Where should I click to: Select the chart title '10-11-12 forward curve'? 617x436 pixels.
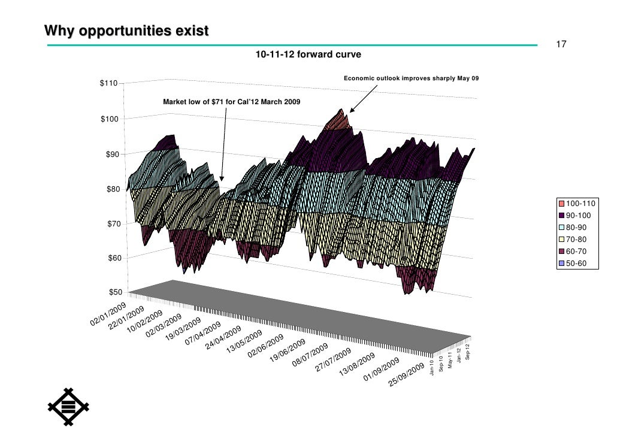pyautogui.click(x=308, y=54)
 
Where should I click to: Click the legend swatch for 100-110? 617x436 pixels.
pyautogui.click(x=562, y=204)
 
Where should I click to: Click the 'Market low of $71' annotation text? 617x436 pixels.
pyautogui.click(x=232, y=102)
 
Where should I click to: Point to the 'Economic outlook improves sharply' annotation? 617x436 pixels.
pyautogui.click(x=411, y=78)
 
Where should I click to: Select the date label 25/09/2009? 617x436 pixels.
pyautogui.click(x=407, y=374)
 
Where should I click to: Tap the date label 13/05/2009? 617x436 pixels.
pyautogui.click(x=244, y=342)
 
